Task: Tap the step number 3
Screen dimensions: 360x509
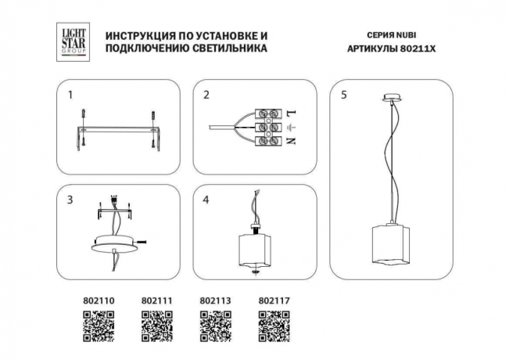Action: (x=70, y=200)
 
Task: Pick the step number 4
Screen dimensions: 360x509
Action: (x=206, y=200)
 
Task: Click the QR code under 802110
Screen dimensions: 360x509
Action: (x=98, y=326)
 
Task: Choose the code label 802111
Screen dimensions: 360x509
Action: (x=156, y=299)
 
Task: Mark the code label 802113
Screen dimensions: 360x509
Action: (x=215, y=299)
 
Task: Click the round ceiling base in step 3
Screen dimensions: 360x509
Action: (x=116, y=243)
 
